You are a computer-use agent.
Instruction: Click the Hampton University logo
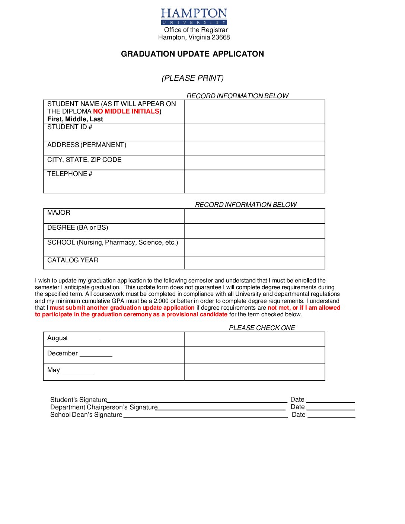tap(194, 17)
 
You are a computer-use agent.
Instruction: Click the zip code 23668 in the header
tap(221, 38)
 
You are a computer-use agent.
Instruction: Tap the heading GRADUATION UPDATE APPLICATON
tap(192, 54)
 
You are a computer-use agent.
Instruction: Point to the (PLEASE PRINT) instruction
tap(192, 78)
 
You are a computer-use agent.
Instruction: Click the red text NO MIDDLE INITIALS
tap(126, 111)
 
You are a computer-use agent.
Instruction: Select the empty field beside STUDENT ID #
tap(255, 132)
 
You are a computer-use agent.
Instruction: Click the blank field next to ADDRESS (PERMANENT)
tap(255, 148)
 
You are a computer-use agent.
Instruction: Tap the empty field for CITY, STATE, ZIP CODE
tap(255, 163)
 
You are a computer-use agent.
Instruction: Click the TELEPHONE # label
tap(70, 174)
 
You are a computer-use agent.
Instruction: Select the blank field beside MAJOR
tap(255, 216)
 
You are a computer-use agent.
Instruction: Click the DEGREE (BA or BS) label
tap(77, 227)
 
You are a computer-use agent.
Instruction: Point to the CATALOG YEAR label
tap(73, 260)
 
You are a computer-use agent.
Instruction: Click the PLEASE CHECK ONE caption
tap(262, 328)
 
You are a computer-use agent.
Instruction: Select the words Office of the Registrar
tap(196, 30)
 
